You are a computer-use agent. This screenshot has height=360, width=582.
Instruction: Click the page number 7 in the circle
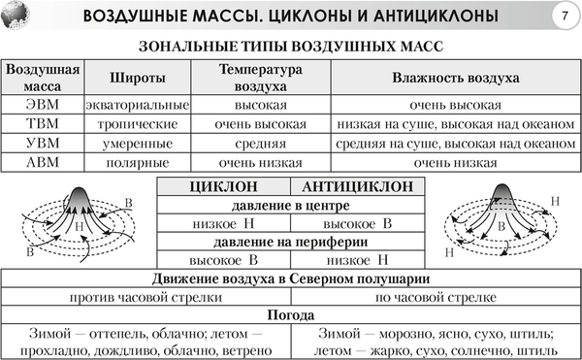(564, 16)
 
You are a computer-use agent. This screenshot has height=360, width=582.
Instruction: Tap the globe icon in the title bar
(17, 16)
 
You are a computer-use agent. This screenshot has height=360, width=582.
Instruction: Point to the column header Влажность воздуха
(455, 77)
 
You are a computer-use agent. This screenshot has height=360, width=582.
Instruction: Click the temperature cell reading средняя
(261, 143)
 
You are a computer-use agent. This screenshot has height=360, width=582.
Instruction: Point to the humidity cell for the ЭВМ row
(455, 105)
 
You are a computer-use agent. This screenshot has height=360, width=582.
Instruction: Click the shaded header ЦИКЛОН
(223, 187)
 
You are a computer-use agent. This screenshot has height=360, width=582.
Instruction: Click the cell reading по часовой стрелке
(436, 297)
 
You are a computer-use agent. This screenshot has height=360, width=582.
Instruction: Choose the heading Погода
(290, 315)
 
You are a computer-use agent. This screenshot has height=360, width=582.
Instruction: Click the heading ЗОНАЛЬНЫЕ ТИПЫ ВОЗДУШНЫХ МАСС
(290, 47)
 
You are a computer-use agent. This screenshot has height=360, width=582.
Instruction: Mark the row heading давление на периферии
(290, 242)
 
